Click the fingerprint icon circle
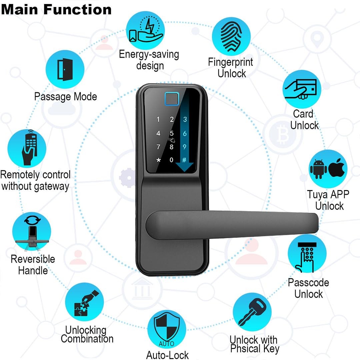232,37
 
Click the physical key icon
252,312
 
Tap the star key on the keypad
158,160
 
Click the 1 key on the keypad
158,120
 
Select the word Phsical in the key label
246,349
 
